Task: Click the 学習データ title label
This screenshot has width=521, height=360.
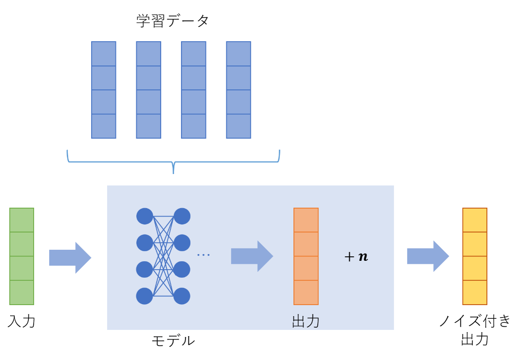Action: point(173,21)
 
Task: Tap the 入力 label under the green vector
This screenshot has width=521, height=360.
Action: point(21,321)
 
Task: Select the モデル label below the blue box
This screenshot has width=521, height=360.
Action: point(173,341)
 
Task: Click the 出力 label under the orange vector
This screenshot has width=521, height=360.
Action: point(306,321)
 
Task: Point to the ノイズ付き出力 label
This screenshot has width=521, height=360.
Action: point(475,330)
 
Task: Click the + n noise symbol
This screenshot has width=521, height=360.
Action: point(356,256)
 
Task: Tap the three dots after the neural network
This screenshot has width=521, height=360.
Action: point(203,255)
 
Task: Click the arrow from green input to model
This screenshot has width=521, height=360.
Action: point(70,257)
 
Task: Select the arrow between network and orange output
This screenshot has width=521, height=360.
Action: point(252,256)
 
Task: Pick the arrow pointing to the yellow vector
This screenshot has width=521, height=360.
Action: point(428,256)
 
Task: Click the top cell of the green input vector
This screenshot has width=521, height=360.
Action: point(22,220)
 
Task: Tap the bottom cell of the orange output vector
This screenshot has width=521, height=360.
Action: point(306,292)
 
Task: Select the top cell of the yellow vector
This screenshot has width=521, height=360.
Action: point(474,220)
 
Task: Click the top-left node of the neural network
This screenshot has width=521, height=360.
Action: point(144,216)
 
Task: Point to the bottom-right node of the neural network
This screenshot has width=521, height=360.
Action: point(182,296)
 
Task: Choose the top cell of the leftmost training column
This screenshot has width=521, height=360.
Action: point(104,54)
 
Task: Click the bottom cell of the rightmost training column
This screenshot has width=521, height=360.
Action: point(238,126)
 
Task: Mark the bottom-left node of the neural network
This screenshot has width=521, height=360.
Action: point(144,296)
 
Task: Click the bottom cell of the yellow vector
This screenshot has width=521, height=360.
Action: point(474,292)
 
